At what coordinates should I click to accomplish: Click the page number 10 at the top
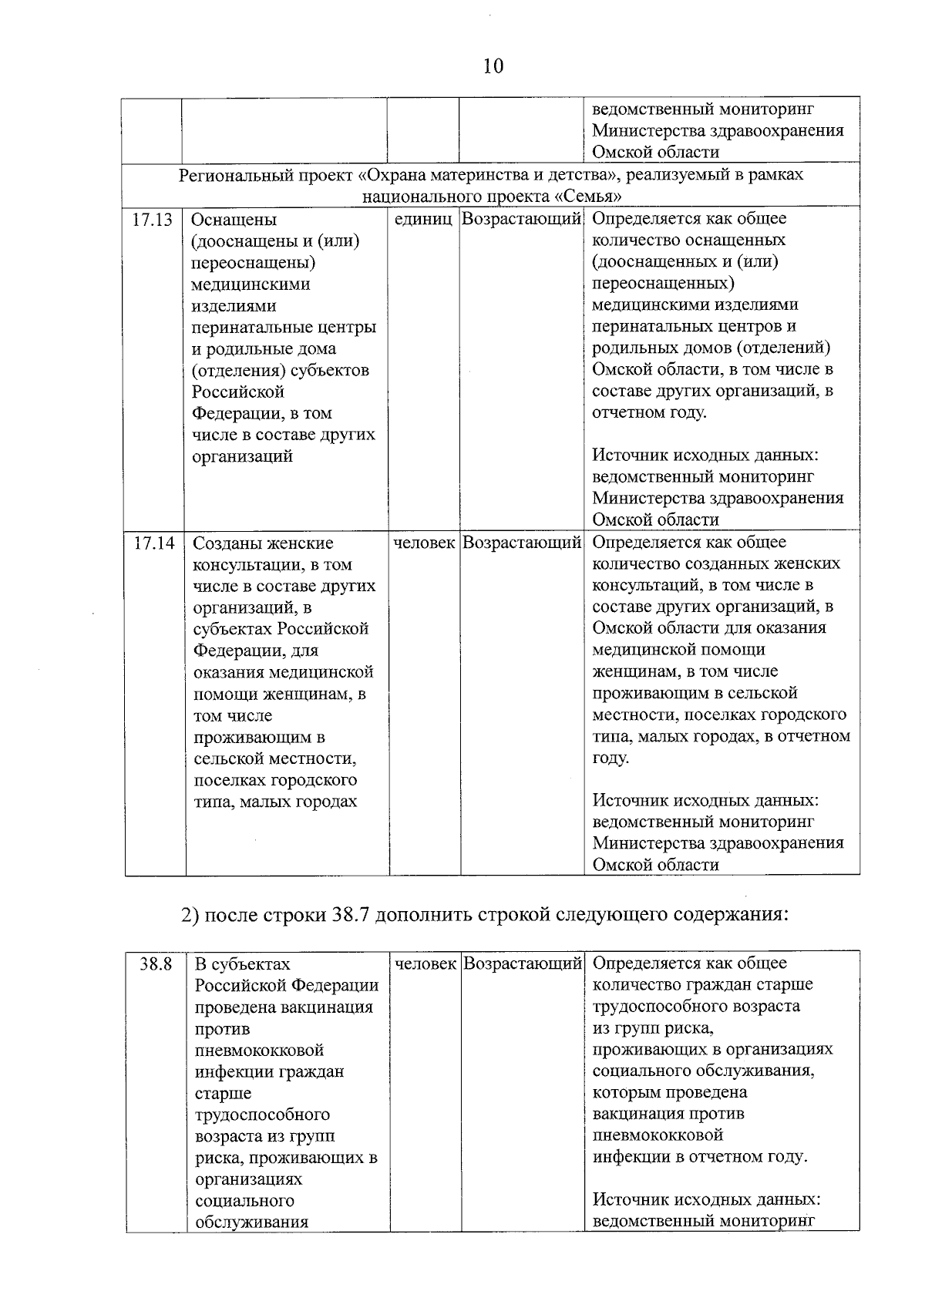click(x=493, y=66)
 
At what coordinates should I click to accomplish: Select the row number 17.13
click(x=152, y=220)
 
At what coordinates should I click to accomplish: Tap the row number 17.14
click(x=154, y=543)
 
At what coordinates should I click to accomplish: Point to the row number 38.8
click(x=156, y=964)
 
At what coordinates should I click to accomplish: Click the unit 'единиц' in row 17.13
click(x=423, y=220)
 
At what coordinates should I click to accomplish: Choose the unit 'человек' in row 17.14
click(x=425, y=543)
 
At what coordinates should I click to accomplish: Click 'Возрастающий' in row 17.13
click(x=521, y=220)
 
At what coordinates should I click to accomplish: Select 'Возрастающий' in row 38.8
click(x=523, y=964)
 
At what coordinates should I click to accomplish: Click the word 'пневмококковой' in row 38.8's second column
click(x=259, y=1051)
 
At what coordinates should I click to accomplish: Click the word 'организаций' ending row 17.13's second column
click(x=242, y=456)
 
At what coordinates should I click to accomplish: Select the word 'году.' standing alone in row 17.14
click(x=610, y=758)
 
